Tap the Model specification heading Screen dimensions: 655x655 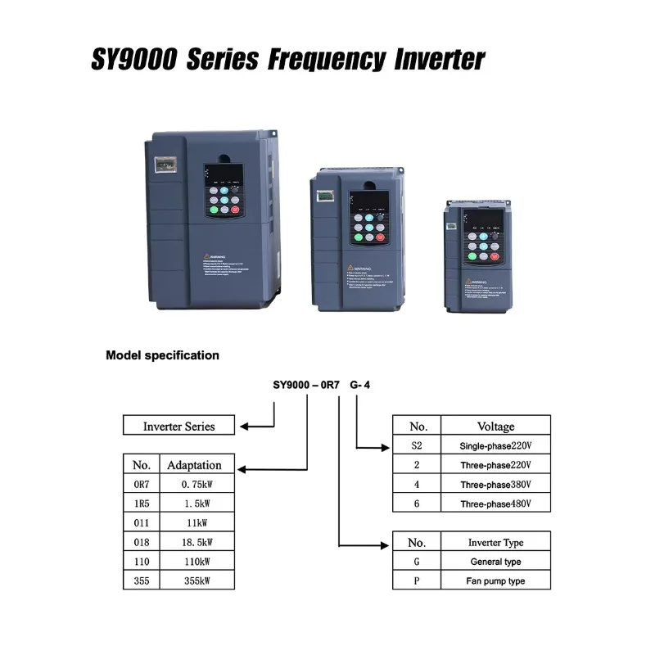[162, 355]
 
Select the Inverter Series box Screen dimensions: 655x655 [178, 426]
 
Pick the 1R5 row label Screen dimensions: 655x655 [142, 503]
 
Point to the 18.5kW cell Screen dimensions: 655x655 [196, 541]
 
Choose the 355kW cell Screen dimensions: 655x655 [196, 580]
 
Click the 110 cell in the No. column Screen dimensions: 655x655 [142, 561]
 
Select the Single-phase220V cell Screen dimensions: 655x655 [495, 445]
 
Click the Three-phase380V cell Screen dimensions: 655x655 [495, 484]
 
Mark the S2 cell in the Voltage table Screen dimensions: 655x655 [418, 445]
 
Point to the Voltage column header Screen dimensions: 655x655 [495, 426]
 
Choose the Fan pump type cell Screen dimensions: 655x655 [495, 580]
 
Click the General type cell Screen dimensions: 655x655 [495, 562]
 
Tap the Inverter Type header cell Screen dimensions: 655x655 [495, 542]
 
